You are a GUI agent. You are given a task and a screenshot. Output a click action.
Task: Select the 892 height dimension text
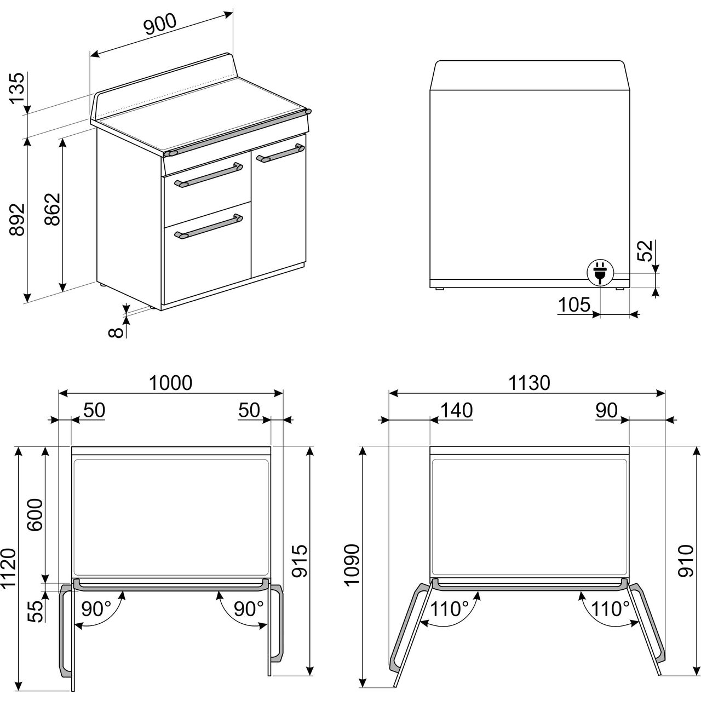click(18, 219)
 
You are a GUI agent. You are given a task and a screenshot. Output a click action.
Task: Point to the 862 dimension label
click(53, 209)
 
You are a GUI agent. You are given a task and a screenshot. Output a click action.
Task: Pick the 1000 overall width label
click(171, 383)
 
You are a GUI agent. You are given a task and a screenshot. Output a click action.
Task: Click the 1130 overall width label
click(529, 383)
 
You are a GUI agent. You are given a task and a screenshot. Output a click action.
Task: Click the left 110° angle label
click(449, 609)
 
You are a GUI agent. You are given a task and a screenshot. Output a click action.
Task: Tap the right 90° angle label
click(248, 609)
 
